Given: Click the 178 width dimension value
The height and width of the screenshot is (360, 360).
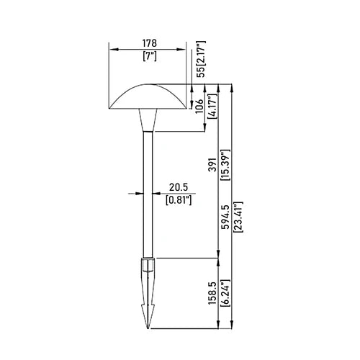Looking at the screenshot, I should coord(150,44).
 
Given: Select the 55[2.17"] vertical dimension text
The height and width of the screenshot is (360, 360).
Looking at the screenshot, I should coord(200,59).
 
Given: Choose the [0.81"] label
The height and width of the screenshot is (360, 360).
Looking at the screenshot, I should coord(178,199).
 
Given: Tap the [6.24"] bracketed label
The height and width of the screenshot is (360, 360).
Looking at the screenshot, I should coord(225,294).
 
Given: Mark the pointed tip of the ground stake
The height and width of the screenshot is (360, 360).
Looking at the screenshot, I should coord(150,325).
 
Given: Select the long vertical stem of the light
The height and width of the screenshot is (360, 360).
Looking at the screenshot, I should coord(150,194).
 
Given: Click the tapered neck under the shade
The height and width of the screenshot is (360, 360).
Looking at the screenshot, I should coord(150,122).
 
